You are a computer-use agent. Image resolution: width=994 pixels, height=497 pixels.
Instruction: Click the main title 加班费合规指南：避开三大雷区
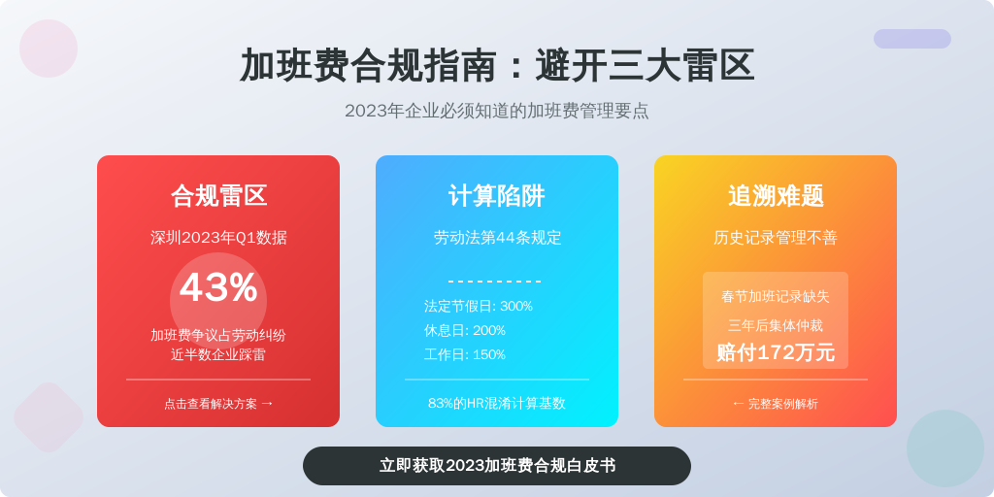(497, 65)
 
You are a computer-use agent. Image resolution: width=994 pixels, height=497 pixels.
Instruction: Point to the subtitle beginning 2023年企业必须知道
(497, 111)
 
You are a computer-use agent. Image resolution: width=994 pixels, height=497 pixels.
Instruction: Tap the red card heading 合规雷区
(218, 195)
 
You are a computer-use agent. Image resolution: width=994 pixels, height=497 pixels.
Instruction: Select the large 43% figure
(218, 287)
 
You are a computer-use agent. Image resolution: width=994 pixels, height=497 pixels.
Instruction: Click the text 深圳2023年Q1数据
(218, 238)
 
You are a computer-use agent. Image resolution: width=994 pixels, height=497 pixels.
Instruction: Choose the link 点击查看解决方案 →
(218, 404)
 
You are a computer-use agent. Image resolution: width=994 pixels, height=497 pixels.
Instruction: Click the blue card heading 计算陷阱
(497, 195)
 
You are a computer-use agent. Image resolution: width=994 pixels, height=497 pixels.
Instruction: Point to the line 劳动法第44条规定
(497, 238)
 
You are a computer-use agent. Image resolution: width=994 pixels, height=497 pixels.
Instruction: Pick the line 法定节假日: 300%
(479, 306)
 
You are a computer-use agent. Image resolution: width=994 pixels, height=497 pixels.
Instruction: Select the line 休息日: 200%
(465, 330)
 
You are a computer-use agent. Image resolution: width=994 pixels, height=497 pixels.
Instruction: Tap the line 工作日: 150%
(465, 354)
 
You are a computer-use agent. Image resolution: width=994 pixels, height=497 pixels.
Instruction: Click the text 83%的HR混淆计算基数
(497, 403)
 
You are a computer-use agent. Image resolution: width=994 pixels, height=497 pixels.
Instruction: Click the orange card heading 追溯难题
(776, 195)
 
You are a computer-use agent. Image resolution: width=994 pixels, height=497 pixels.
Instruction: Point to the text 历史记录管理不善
(776, 238)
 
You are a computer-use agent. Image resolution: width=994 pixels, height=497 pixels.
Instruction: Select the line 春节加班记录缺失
(776, 297)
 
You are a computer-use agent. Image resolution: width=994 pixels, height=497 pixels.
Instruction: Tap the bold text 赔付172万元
(776, 352)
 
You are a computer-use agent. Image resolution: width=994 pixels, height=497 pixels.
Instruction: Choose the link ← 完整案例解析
(776, 404)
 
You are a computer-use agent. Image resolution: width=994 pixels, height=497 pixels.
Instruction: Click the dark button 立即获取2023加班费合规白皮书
(497, 466)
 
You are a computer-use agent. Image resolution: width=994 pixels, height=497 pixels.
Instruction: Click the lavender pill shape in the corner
(912, 39)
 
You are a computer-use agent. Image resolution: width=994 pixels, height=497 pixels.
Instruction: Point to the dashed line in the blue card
(494, 282)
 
